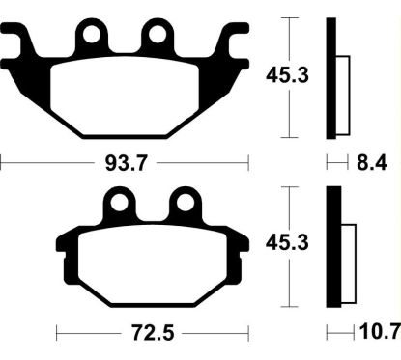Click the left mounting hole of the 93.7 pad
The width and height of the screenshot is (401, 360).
point(94,37)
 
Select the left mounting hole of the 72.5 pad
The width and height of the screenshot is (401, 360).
point(120,204)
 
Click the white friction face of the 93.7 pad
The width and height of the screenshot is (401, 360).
point(126,97)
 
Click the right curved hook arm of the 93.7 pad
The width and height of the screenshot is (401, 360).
point(234,42)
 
